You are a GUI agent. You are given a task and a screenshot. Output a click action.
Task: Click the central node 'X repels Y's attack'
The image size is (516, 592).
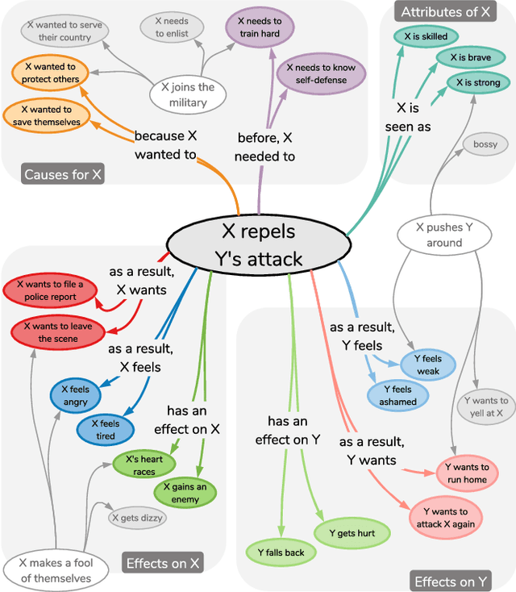point(258,244)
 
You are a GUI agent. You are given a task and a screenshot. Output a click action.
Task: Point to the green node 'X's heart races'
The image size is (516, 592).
point(139,465)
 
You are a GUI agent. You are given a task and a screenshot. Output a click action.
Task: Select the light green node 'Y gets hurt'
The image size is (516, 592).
point(352,533)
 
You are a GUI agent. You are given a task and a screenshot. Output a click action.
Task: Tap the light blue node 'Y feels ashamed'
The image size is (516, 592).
point(398,395)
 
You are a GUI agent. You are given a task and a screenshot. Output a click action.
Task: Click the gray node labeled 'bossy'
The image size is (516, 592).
point(485,144)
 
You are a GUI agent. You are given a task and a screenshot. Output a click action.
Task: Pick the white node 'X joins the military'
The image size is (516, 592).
point(188,94)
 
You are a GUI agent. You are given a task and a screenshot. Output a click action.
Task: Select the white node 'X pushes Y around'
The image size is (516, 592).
point(444,235)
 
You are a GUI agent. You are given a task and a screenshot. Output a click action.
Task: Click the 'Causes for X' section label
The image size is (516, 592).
point(63,174)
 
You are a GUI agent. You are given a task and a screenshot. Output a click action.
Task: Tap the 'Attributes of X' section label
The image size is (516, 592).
point(445,11)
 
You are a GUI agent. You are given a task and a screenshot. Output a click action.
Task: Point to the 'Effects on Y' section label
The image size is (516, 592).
point(451,581)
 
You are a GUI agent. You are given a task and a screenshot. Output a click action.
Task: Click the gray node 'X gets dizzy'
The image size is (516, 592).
point(137,517)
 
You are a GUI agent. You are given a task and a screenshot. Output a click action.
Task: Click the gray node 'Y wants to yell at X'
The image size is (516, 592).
point(486,406)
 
